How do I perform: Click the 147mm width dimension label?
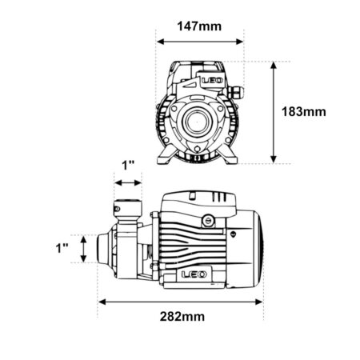(199, 26)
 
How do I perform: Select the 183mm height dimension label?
(304, 112)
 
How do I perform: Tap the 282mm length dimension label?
(182, 317)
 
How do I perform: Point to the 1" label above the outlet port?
(128, 166)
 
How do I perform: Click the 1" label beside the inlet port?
(62, 248)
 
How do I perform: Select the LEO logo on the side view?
(194, 274)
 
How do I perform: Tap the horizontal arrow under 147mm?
(200, 42)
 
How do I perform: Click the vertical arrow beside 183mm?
(274, 112)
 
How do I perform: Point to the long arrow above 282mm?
(181, 302)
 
